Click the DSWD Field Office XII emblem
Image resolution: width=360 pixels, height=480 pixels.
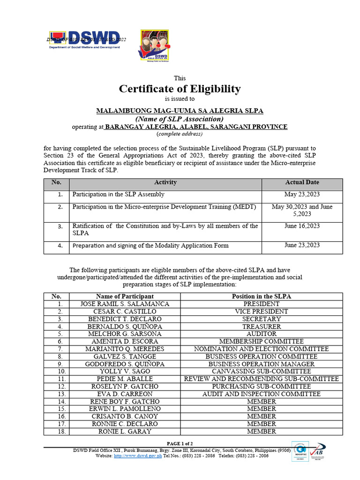click(154, 46)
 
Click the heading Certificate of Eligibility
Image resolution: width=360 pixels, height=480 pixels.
click(180, 89)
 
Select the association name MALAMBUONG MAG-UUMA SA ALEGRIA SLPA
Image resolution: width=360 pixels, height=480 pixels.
click(180, 111)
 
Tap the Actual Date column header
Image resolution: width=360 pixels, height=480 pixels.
click(302, 182)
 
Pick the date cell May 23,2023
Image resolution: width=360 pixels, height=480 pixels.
click(302, 194)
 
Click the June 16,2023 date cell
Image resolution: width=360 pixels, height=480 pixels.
click(302, 226)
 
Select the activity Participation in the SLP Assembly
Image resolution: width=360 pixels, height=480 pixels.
click(118, 194)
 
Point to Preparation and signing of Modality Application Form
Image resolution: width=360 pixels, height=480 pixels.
click(150, 245)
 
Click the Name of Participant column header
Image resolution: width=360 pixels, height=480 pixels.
click(125, 296)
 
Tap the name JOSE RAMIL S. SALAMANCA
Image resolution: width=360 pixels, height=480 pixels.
click(125, 304)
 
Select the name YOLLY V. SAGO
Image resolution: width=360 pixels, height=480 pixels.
click(125, 371)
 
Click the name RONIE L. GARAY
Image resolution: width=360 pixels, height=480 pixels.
click(125, 431)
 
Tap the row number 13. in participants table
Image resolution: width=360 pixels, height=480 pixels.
click(57, 394)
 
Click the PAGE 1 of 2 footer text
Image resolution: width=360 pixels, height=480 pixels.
click(180, 443)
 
